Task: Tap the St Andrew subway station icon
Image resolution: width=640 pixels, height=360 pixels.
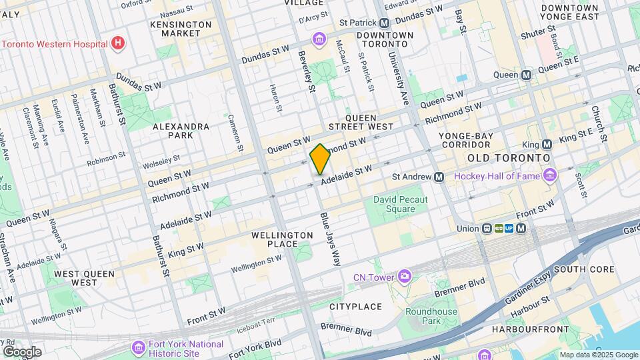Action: (439, 177)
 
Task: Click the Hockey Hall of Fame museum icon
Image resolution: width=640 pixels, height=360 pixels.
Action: (550, 176)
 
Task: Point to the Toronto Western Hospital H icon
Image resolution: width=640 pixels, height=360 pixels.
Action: (118, 43)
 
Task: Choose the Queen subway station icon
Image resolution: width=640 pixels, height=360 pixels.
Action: (527, 75)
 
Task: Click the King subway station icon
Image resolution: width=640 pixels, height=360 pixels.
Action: (547, 144)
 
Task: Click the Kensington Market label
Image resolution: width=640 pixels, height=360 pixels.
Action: (180, 29)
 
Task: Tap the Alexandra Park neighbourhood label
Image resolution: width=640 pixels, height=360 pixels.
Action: (181, 131)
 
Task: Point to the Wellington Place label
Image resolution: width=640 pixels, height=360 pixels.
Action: (283, 239)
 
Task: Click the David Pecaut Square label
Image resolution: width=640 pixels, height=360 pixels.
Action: (400, 204)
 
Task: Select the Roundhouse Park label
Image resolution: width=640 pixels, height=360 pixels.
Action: (431, 316)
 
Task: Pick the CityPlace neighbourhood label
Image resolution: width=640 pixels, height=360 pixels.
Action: (355, 307)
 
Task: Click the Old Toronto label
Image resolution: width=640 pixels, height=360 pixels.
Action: (509, 157)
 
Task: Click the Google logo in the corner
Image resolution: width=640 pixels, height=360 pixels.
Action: (22, 352)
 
